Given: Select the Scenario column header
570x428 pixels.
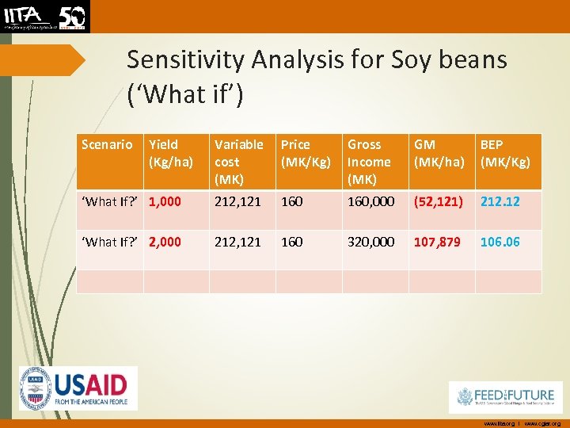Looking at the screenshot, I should tap(108, 144).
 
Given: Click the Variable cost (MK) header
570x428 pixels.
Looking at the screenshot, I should tap(239, 162).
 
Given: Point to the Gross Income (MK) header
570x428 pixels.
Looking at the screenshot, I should tap(370, 162).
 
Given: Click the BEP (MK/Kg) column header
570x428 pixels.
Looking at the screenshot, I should tap(505, 153).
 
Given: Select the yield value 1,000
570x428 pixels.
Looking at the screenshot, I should tap(165, 202).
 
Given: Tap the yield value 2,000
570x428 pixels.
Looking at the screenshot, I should tap(165, 242).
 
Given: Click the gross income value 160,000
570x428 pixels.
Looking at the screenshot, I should tap(371, 202).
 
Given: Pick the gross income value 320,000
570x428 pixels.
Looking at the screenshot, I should tap(371, 242).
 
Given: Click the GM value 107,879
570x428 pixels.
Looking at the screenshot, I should tap(437, 242).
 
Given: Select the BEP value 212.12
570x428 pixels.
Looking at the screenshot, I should tap(500, 202).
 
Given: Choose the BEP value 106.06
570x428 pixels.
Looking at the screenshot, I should tap(500, 242).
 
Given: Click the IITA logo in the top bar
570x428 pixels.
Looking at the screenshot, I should tap(45, 16).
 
